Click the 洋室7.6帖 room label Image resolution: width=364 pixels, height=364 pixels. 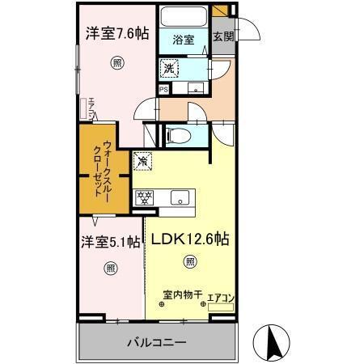pos(117,35)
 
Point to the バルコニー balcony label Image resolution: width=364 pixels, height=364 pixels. pos(158,342)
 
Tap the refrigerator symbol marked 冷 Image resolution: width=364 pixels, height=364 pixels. pos(142,160)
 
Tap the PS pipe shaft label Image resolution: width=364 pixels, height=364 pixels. pos(163,90)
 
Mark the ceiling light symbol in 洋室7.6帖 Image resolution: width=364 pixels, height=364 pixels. pos(118,61)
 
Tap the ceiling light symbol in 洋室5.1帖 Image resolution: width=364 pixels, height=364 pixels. pos(111,268)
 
